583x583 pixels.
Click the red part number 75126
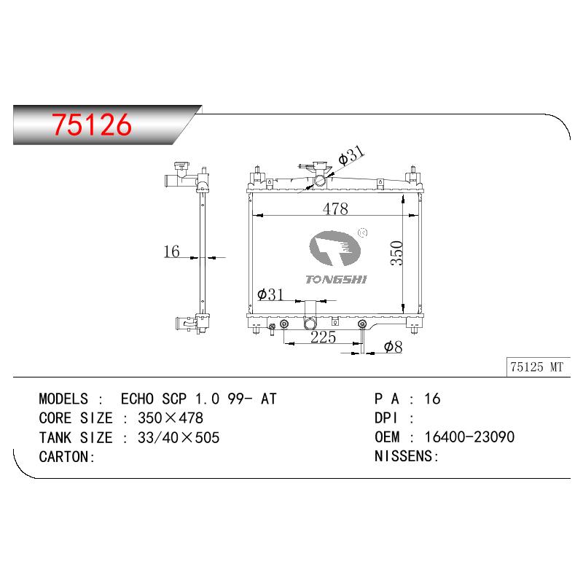coord(92,125)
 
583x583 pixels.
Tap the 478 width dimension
coord(335,208)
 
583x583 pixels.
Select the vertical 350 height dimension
coord(396,253)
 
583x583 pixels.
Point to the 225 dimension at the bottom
coord(323,337)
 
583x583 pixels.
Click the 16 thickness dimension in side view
coord(171,251)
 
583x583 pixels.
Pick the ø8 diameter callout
coord(393,347)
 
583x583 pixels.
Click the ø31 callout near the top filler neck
coord(351,154)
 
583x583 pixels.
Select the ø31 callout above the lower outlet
coord(270,294)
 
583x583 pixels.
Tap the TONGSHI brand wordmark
coord(336,280)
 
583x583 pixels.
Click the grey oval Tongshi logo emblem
coord(334,249)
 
